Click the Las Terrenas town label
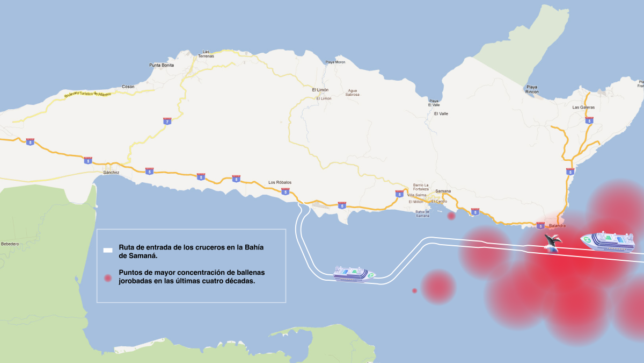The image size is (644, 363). [x=206, y=54]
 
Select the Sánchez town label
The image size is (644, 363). [x=111, y=173]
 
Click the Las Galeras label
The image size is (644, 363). [x=583, y=108]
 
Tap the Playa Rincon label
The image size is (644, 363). [x=532, y=89]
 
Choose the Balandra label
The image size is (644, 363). [x=557, y=226]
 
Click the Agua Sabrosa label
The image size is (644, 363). [x=353, y=92]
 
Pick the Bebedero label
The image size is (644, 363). [x=10, y=244]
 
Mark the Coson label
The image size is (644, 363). [x=128, y=87]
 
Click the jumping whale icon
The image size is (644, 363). [x=552, y=242]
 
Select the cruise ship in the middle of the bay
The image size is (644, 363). [x=354, y=273]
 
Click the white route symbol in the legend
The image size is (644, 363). [x=108, y=250]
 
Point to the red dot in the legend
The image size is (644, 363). [x=108, y=278]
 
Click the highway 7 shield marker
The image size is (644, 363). [x=167, y=122]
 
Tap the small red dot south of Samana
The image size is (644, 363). [x=451, y=216]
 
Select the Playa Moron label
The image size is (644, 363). [x=335, y=62]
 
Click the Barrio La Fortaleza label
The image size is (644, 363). [x=421, y=187]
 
